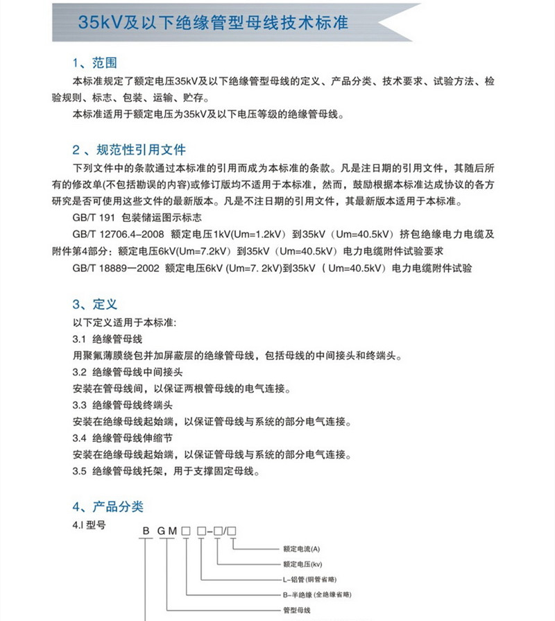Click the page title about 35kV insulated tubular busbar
(x=212, y=22)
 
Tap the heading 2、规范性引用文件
(x=129, y=149)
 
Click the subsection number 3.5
(x=78, y=472)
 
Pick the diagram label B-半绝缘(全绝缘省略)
(x=317, y=595)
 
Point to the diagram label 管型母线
(x=297, y=611)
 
